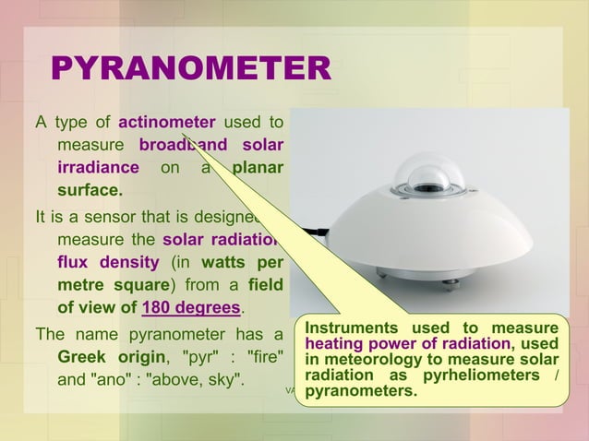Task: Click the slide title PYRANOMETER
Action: [190, 69]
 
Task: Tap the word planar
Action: [257, 169]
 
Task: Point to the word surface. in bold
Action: [90, 192]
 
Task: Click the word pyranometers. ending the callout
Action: [360, 391]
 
